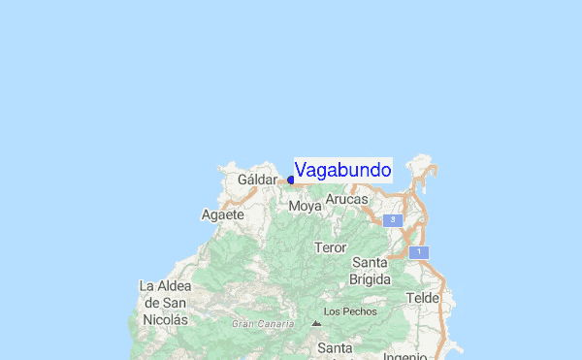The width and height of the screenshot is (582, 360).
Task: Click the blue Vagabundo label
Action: [342, 170]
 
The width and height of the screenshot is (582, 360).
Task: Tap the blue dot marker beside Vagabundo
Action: [291, 180]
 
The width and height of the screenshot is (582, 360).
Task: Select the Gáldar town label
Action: [257, 180]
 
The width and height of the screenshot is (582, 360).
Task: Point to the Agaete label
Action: [222, 214]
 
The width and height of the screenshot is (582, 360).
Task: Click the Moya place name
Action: [305, 206]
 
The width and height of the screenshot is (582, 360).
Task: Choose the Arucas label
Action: [346, 199]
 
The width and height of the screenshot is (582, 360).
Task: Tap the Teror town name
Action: [330, 247]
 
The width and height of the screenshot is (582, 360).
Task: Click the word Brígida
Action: [370, 279]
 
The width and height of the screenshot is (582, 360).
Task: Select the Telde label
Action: [423, 298]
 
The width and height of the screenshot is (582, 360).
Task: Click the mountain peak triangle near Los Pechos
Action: [315, 323]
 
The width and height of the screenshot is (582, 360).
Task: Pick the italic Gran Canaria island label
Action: [262, 323]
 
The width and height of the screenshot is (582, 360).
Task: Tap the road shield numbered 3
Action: [392, 220]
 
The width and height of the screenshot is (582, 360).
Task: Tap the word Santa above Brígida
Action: [370, 263]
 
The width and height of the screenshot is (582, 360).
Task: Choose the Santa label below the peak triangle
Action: [336, 347]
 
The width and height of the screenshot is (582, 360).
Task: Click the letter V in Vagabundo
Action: [302, 170]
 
